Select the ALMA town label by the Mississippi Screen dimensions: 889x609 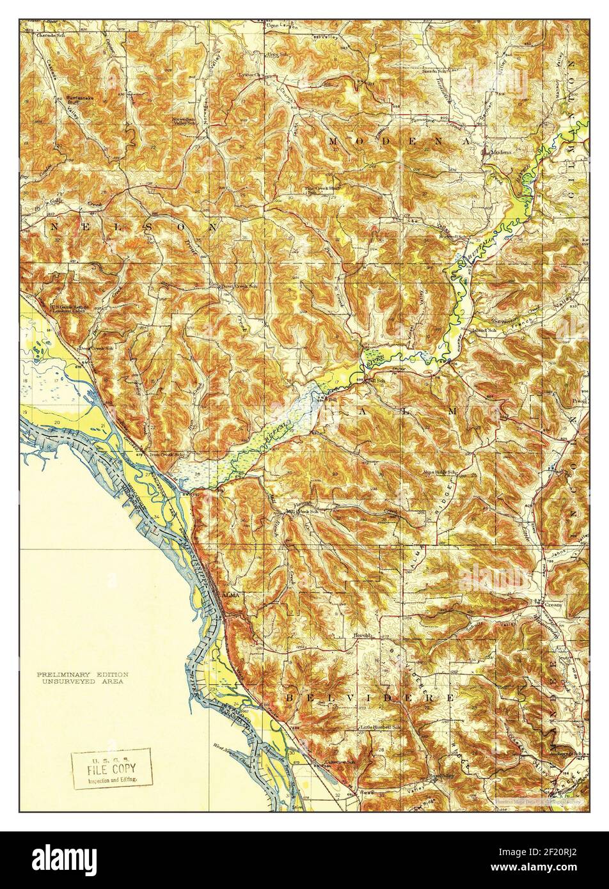point(230,595)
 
